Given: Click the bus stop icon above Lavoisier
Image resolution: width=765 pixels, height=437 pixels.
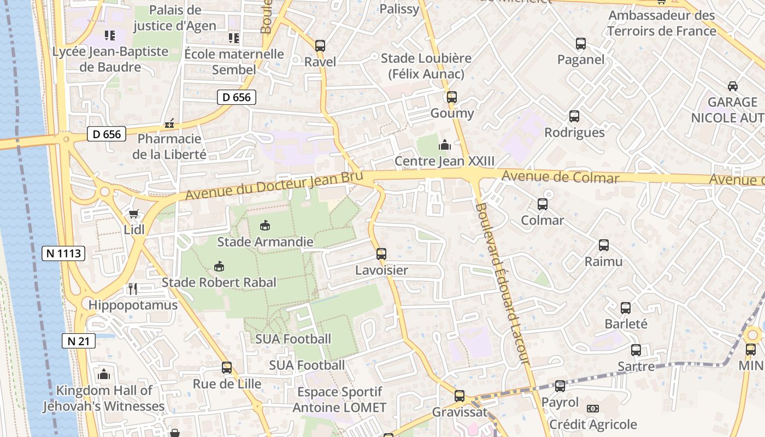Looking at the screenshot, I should click(x=381, y=254).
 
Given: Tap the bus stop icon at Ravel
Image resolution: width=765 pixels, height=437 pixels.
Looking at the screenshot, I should click(x=320, y=45).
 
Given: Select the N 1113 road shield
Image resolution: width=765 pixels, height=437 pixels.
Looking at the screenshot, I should click(x=63, y=253).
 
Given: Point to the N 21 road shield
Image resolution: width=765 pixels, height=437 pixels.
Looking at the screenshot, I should click(x=79, y=341).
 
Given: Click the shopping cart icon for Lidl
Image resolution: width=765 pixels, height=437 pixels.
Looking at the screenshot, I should click(x=133, y=214).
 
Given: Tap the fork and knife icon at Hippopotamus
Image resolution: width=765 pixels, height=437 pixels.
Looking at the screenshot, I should click(x=132, y=288).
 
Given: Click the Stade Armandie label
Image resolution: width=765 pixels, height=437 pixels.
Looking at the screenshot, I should click(x=266, y=241).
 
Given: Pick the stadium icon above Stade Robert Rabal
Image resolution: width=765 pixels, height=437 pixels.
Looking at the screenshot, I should click(x=219, y=267).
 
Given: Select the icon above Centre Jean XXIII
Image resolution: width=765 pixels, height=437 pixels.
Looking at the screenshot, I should click(x=445, y=145).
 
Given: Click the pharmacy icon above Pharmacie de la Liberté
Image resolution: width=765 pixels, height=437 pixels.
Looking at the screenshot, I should click(x=169, y=123).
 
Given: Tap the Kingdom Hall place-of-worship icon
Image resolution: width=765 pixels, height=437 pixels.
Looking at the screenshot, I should click(x=104, y=374).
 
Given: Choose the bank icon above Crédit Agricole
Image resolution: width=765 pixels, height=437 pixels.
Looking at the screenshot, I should click(x=592, y=409).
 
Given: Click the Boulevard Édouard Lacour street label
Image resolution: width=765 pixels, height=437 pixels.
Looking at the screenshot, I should click(x=503, y=284).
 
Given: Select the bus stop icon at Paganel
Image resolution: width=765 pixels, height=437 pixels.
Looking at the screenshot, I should click(x=580, y=44).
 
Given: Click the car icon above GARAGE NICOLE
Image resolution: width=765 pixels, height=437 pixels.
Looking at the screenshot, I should click(x=732, y=86).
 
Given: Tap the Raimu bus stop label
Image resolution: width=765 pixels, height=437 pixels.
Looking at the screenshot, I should click(x=603, y=262).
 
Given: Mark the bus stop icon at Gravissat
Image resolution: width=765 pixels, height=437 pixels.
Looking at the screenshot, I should click(x=460, y=396).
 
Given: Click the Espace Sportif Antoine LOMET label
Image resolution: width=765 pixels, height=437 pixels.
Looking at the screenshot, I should click(x=339, y=400).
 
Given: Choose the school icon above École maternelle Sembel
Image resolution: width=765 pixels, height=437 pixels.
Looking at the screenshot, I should click(x=234, y=38).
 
